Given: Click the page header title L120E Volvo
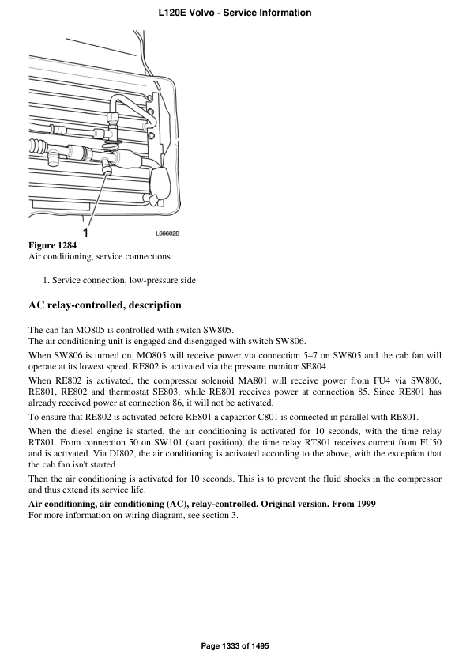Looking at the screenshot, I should click(235, 13).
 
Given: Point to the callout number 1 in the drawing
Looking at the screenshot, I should click(85, 233).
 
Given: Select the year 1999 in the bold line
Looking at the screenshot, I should click(363, 504).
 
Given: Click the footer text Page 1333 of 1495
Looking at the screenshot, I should click(235, 646).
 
